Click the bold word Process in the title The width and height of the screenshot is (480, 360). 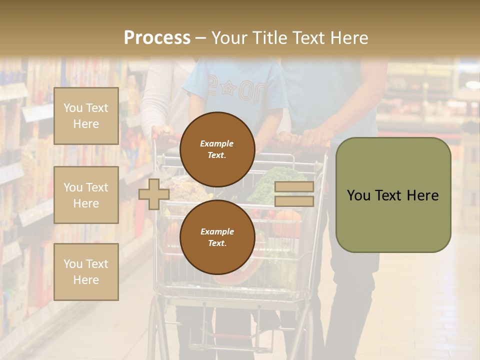[x=157, y=38]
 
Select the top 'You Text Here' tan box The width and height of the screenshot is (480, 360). [x=86, y=116]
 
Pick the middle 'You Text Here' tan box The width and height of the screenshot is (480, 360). [x=86, y=195]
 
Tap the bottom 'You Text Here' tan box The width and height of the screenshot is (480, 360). [x=86, y=272]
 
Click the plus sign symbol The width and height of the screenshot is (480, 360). [x=154, y=194]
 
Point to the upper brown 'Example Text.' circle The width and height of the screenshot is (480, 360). [x=217, y=149]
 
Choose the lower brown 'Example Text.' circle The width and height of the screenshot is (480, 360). [x=217, y=237]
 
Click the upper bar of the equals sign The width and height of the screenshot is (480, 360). [x=294, y=187]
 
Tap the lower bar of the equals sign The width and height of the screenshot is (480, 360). [x=294, y=201]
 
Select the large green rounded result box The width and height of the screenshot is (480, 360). [x=393, y=195]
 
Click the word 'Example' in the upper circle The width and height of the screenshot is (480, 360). [x=217, y=143]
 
